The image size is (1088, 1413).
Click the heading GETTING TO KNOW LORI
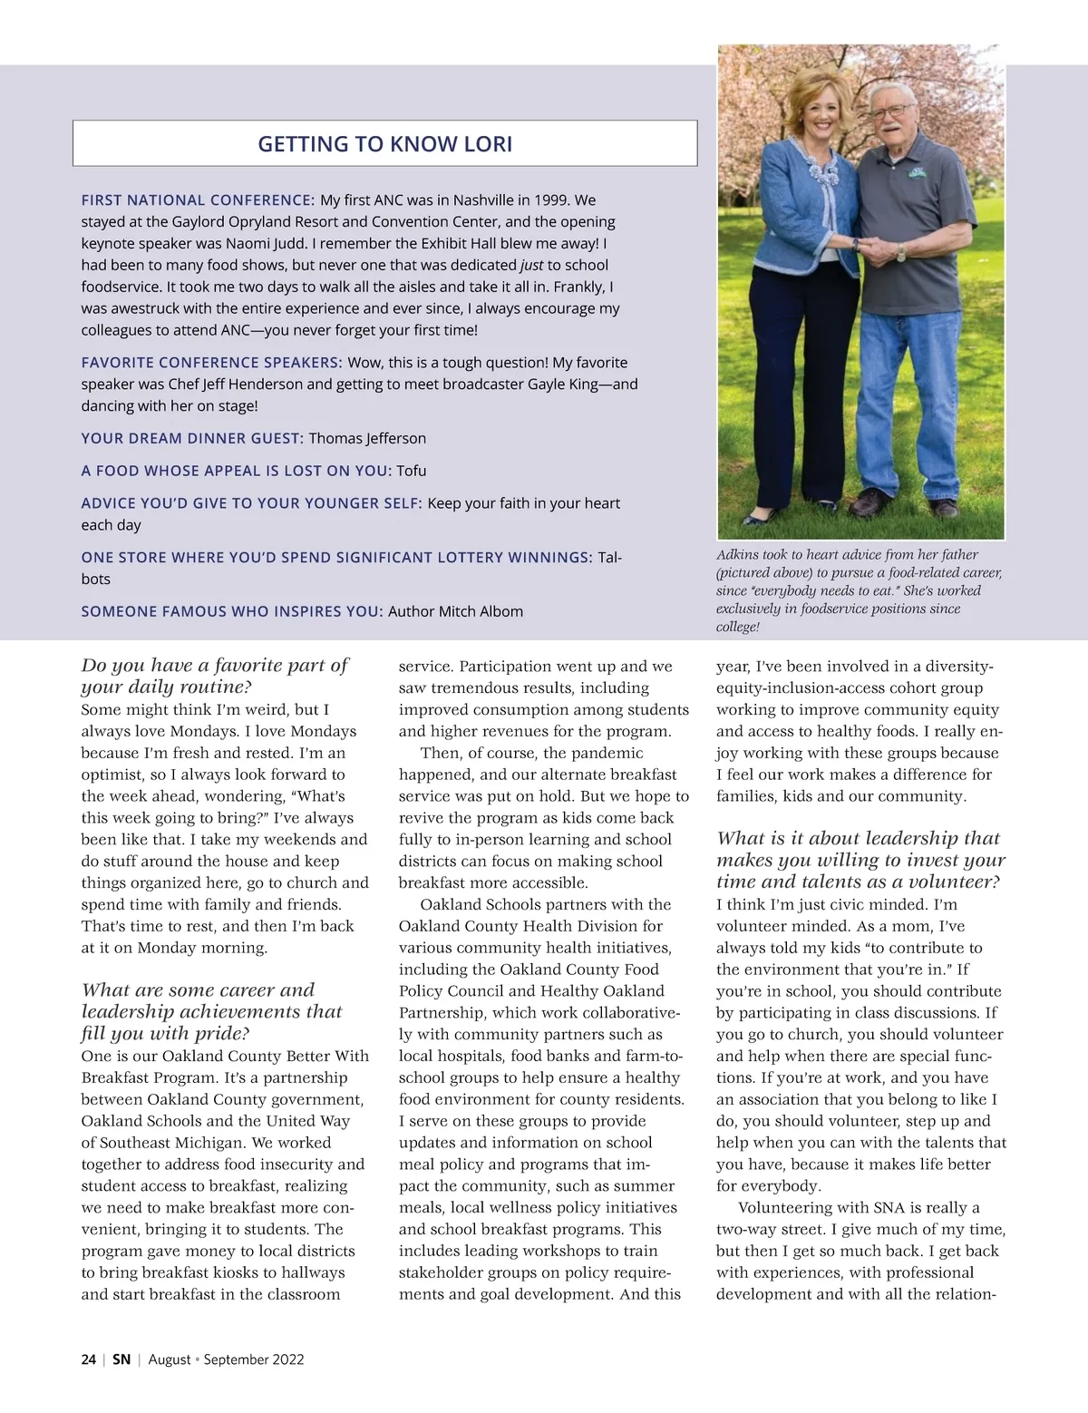(385, 144)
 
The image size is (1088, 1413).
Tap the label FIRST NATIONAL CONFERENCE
(198, 200)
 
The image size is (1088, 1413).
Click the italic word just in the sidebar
(530, 266)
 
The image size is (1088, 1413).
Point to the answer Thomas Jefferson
(367, 439)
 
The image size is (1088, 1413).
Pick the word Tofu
(411, 472)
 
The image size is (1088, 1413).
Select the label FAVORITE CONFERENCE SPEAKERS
(211, 363)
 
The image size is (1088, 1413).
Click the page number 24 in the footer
(88, 1359)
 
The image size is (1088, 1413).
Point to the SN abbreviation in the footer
(121, 1359)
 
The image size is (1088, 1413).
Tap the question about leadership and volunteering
(860, 860)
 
